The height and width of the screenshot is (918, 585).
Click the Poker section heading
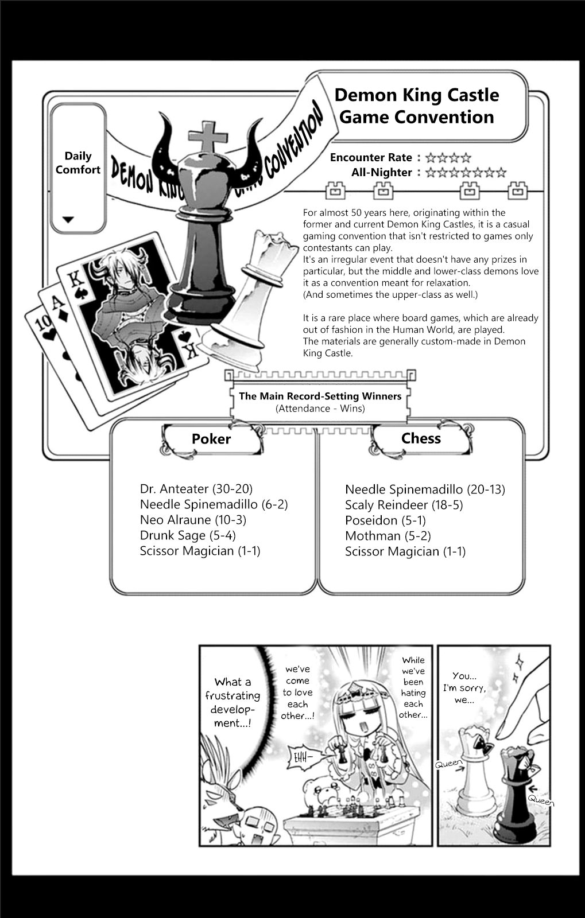[x=211, y=439]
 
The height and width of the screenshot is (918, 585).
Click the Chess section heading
[x=421, y=438]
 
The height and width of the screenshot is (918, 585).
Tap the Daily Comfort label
[x=78, y=163]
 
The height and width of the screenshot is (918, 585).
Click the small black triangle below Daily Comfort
[x=68, y=219]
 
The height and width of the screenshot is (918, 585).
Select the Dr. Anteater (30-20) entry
[x=196, y=489]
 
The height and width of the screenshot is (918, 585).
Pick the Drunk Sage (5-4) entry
[x=188, y=535]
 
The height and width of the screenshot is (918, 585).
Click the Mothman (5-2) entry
[x=388, y=536]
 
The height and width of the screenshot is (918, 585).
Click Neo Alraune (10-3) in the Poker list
[x=193, y=520]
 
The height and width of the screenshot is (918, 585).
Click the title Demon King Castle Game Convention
[x=416, y=106]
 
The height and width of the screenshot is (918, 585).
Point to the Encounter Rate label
[x=371, y=158]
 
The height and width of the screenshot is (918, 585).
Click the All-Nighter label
[x=382, y=173]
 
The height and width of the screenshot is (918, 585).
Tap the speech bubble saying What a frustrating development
[x=233, y=702]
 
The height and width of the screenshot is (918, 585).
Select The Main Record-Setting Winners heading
[x=320, y=396]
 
